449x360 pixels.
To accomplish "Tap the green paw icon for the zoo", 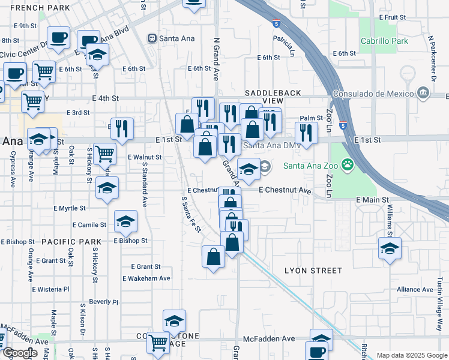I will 346,163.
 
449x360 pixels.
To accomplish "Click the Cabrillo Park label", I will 384,41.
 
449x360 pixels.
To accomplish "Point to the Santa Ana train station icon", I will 152,38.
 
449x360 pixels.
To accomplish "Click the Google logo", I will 19,353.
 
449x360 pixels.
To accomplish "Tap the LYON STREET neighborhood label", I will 313,271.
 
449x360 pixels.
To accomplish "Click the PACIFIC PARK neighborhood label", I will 71,242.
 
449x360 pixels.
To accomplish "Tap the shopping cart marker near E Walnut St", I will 104,154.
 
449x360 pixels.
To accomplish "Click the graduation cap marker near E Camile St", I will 126,223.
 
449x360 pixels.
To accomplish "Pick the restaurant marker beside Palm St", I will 306,133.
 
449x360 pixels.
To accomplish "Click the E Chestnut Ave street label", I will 285,190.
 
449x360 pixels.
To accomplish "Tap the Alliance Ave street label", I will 415,289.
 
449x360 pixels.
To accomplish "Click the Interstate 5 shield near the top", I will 276,23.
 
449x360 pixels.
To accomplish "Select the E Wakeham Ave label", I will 146,278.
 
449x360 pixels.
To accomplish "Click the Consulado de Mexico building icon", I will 423,93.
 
